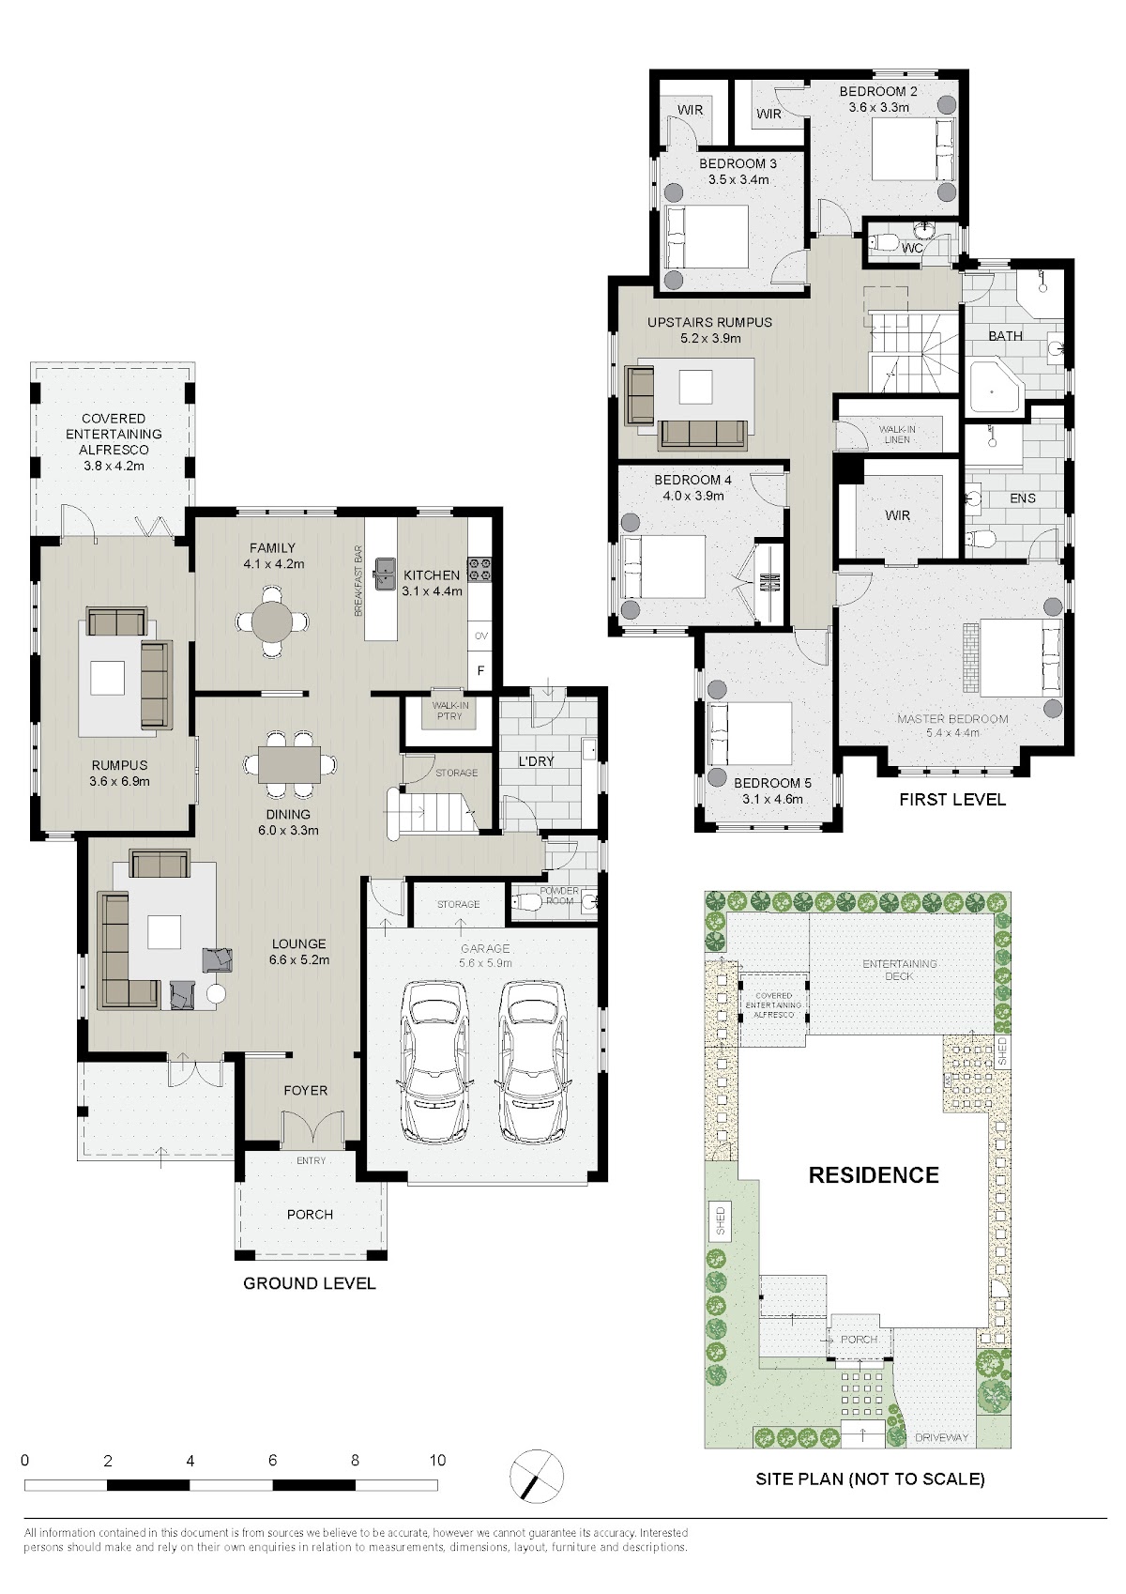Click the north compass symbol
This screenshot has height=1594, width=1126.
pyautogui.click(x=537, y=1476)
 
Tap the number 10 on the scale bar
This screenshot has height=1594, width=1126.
pyautogui.click(x=437, y=1460)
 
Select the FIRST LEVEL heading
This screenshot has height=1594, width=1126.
pyautogui.click(x=952, y=799)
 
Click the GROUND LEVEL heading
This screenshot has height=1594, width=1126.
pyautogui.click(x=310, y=1283)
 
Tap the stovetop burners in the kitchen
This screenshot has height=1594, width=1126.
pyautogui.click(x=479, y=569)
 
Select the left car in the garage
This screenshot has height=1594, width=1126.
pyautogui.click(x=434, y=1063)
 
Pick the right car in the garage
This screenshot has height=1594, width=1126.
pyautogui.click(x=533, y=1063)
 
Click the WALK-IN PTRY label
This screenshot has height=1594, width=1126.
pyautogui.click(x=450, y=711)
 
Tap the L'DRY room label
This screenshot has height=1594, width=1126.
pyautogui.click(x=536, y=760)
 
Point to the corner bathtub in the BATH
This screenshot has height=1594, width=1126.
pyautogui.click(x=995, y=388)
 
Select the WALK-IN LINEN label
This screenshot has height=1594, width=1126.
pyautogui.click(x=898, y=434)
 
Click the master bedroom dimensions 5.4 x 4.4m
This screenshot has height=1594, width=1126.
pyautogui.click(x=952, y=732)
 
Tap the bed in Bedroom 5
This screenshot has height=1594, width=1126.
pyautogui.click(x=751, y=734)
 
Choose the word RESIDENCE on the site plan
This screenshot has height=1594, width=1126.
pyautogui.click(x=874, y=1175)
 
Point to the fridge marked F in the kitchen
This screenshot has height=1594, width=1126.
pyautogui.click(x=480, y=671)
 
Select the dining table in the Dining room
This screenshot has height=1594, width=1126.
pyautogui.click(x=289, y=764)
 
